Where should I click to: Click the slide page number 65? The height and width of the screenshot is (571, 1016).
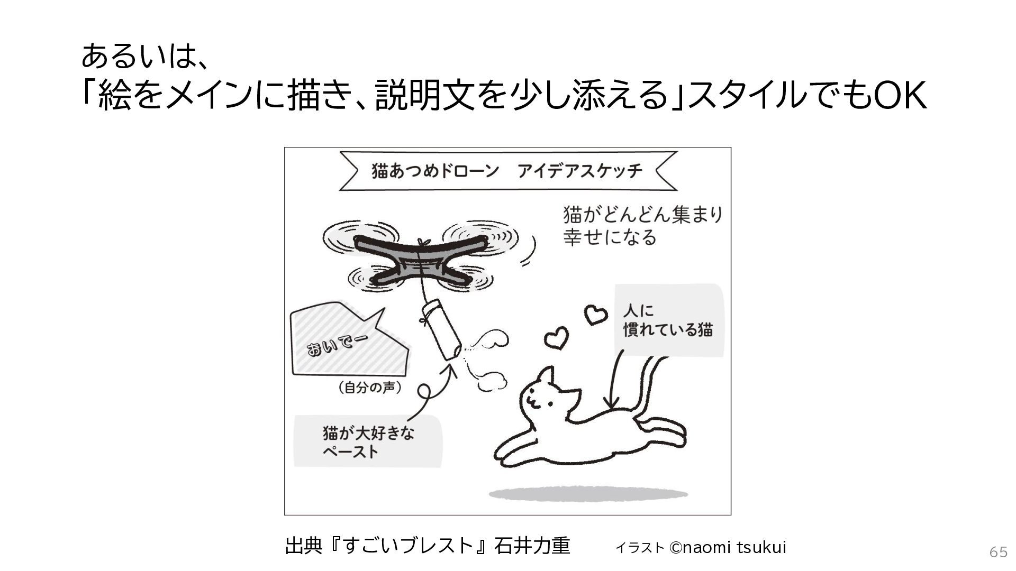999,552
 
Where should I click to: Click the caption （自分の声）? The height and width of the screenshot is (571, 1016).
369,388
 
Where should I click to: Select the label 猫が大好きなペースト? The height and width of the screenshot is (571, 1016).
368,442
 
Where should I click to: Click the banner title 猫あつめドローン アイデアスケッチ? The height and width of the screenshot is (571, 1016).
507,171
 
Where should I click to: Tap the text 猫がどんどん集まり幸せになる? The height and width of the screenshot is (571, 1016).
642,226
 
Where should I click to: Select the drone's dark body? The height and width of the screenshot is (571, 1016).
418,260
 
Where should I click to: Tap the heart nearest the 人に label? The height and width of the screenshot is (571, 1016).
595,315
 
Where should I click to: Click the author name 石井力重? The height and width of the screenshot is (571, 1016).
532,546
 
